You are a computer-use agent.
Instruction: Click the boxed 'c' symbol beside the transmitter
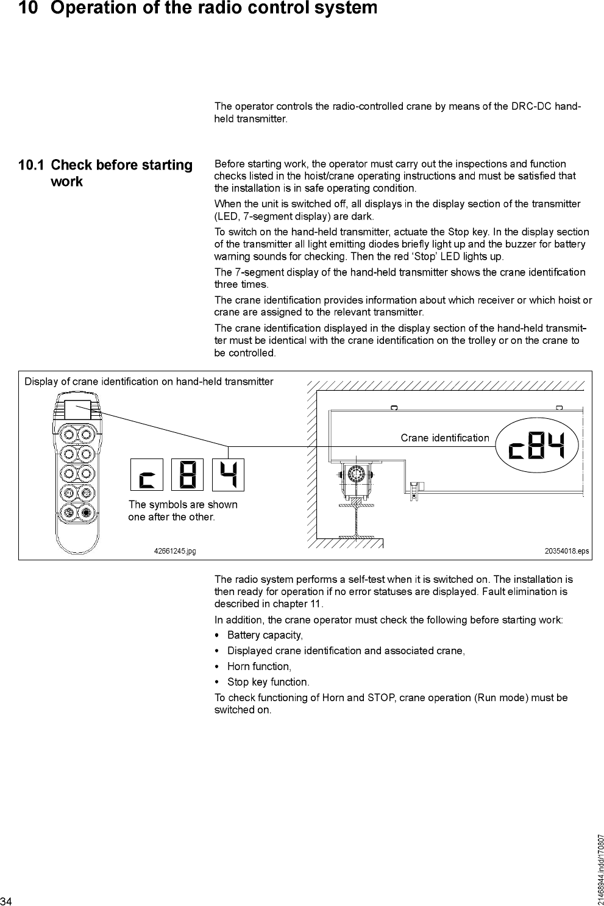click(146, 474)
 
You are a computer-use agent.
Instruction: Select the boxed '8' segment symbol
click(187, 474)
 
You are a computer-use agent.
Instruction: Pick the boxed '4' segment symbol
click(228, 474)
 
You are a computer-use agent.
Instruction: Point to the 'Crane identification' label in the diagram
click(445, 438)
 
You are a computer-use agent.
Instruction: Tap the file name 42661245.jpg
click(174, 551)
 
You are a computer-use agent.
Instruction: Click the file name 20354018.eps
click(566, 551)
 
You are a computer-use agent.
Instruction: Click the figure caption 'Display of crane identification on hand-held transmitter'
click(149, 382)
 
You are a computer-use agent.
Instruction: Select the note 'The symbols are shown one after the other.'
click(182, 511)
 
